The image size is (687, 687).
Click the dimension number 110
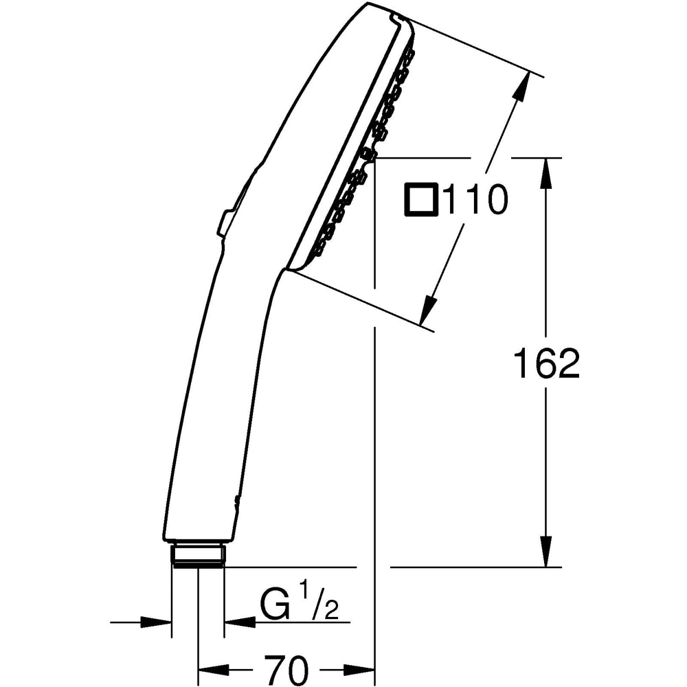click(475, 201)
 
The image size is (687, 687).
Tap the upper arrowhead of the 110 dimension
click(521, 87)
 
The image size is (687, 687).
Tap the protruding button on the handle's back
click(225, 223)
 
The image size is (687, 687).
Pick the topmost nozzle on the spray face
click(410, 53)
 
